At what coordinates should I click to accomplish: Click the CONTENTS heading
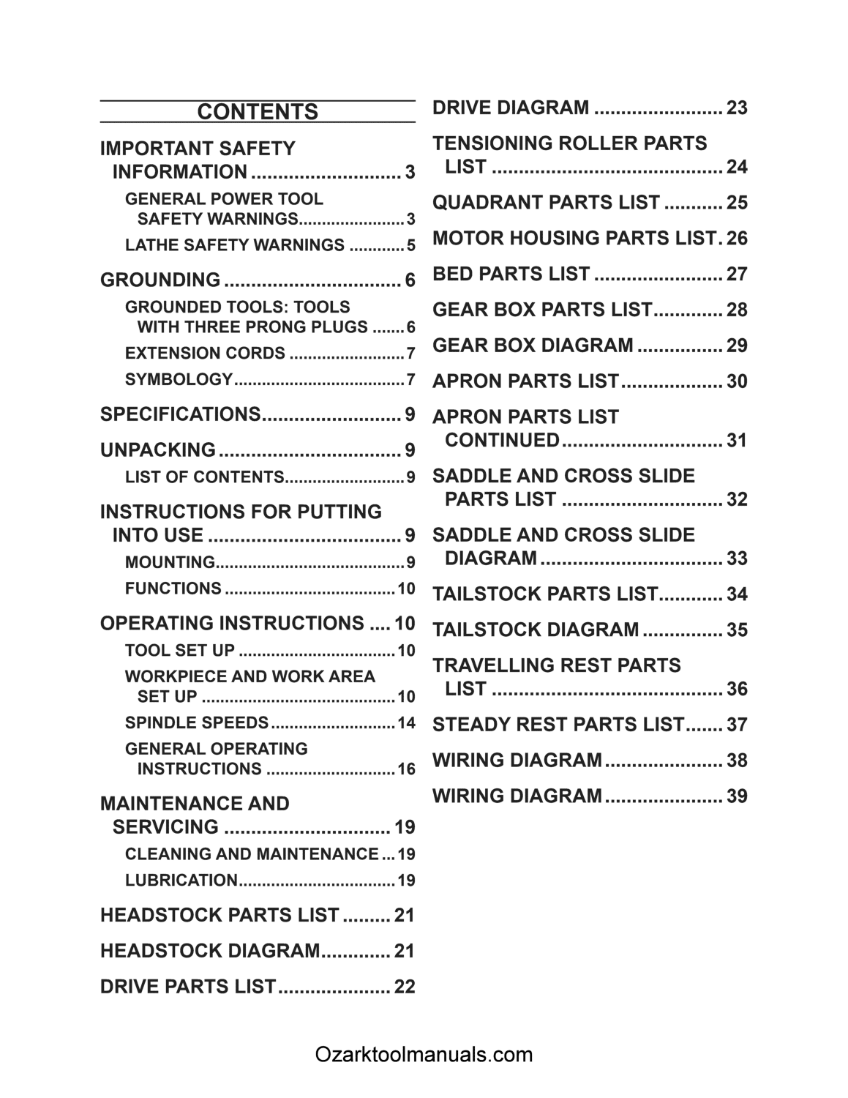258,112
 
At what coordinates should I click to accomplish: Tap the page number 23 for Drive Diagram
737,108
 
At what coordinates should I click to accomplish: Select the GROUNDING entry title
160,280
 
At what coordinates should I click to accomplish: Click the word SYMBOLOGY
179,380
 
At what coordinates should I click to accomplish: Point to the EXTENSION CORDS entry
205,354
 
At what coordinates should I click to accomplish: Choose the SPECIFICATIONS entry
180,414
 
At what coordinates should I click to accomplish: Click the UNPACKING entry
158,449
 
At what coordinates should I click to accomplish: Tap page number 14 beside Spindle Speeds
406,723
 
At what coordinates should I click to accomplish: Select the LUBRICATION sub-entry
181,881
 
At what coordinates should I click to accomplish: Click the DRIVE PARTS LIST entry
188,987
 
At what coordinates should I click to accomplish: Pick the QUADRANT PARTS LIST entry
546,203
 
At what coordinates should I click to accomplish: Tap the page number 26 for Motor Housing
737,239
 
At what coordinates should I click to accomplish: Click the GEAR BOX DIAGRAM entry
533,346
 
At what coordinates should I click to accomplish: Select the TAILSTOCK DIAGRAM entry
536,630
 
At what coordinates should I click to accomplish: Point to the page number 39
737,796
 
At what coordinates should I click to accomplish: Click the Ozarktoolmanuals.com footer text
424,1055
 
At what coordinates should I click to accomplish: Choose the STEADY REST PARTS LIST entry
558,725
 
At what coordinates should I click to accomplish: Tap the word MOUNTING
170,563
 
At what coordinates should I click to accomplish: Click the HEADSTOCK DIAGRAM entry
210,951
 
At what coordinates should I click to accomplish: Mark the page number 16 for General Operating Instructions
406,769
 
